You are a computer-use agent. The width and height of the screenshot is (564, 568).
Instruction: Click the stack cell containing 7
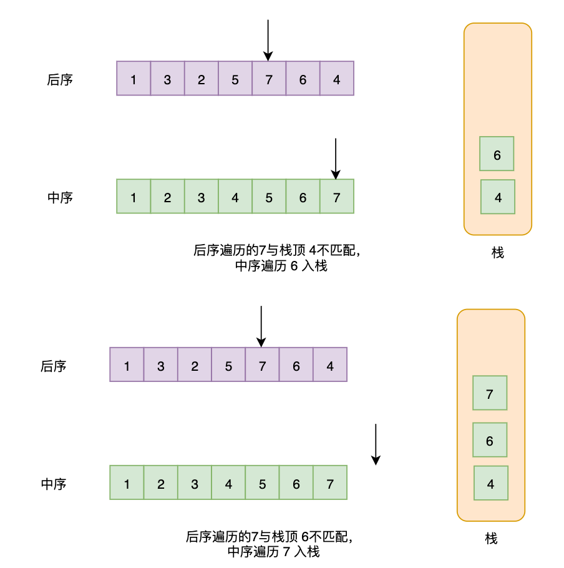(x=490, y=393)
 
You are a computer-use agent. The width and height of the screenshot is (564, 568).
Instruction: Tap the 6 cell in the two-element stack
(x=497, y=154)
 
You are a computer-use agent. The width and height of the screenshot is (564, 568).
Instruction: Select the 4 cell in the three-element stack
(x=490, y=483)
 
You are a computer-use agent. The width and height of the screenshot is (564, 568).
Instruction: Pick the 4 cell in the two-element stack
(x=497, y=197)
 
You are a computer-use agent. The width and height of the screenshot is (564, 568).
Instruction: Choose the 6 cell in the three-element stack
(x=489, y=440)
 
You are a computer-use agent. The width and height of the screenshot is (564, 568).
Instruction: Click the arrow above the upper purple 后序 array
(x=268, y=40)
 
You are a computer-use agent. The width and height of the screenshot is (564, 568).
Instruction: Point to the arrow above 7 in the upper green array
(x=336, y=159)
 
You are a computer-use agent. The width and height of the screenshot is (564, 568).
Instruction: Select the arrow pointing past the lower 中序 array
(x=376, y=444)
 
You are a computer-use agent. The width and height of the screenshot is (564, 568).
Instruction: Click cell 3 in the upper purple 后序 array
(x=167, y=79)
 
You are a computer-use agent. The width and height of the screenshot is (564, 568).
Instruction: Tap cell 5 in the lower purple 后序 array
(x=228, y=365)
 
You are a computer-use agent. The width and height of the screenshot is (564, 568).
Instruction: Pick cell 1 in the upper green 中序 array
(x=134, y=197)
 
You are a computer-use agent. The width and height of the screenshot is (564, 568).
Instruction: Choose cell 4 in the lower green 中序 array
(x=228, y=483)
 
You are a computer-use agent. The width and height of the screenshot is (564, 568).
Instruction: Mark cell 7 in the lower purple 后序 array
(x=262, y=365)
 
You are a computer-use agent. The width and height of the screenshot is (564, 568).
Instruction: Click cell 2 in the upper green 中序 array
(x=167, y=197)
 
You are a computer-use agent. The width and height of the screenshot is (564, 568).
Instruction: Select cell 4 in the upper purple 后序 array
(x=336, y=79)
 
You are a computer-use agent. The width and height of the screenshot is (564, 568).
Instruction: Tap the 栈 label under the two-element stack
(x=497, y=252)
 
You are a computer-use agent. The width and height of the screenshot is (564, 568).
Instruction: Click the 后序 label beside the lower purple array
(x=54, y=366)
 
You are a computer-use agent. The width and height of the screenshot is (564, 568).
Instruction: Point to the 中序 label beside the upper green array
(x=61, y=197)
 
